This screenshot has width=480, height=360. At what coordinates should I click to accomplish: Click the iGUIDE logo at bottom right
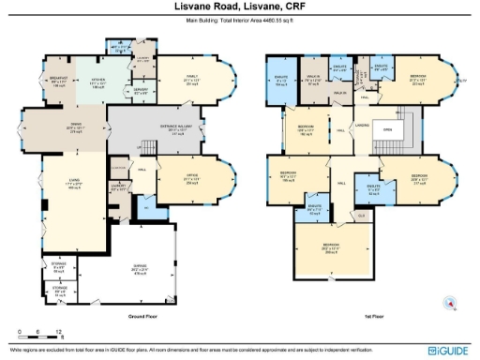point(447,350)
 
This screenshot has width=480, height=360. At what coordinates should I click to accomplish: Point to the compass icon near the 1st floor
point(450,302)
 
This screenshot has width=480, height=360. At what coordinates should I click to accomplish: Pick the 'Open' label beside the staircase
point(386,132)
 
